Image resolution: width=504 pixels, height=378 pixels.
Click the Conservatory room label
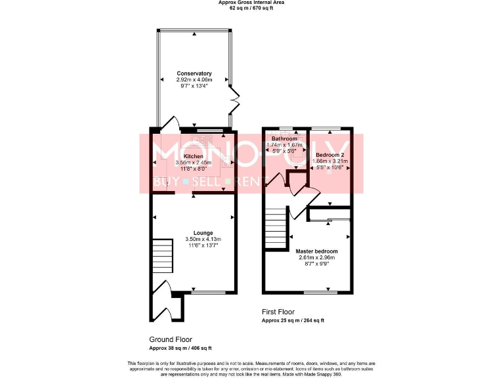(x=194, y=73)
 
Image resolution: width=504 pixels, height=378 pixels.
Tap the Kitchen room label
(x=193, y=156)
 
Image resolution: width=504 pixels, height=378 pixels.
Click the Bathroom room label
(x=285, y=139)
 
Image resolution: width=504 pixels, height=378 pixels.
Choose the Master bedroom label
(x=316, y=251)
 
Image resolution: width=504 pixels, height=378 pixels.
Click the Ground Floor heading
(x=171, y=339)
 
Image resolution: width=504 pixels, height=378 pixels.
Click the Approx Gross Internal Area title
(x=251, y=3)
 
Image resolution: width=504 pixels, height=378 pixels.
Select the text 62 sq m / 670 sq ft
(x=251, y=9)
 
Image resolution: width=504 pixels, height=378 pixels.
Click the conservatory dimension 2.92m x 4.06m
(x=194, y=79)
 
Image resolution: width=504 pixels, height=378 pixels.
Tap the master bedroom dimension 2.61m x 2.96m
(x=316, y=258)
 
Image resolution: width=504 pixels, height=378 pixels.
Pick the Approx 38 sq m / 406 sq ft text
(x=180, y=348)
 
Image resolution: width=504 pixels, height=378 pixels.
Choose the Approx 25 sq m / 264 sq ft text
(x=293, y=320)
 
